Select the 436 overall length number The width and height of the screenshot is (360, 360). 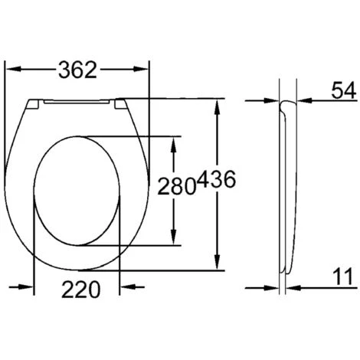pyautogui.click(x=216, y=182)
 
